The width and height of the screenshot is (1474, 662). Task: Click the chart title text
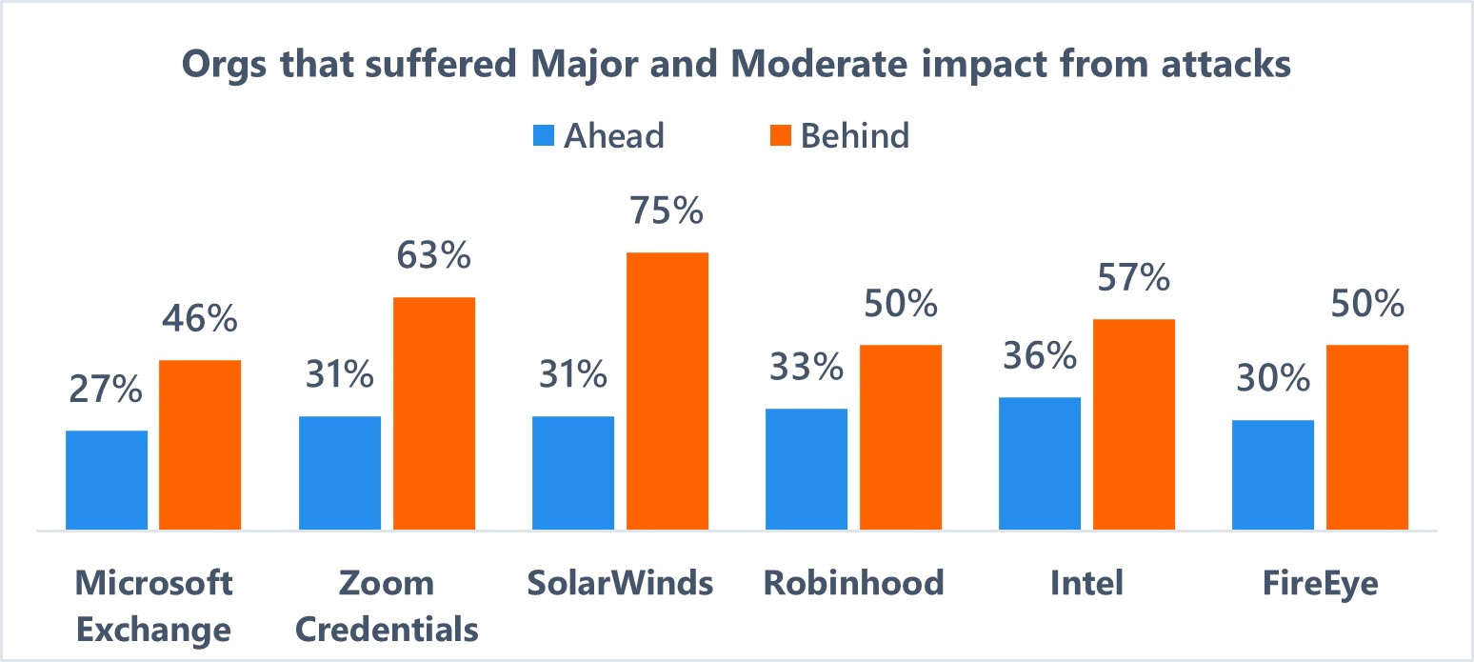pyautogui.click(x=736, y=66)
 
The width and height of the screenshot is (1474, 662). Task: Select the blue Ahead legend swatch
pyautogui.click(x=543, y=136)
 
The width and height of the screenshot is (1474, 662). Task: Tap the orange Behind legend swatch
pyautogui.click(x=779, y=136)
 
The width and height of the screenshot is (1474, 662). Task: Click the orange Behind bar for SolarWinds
pyautogui.click(x=667, y=391)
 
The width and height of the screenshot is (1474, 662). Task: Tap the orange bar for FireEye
pyautogui.click(x=1366, y=436)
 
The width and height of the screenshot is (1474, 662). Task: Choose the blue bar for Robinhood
pyautogui.click(x=806, y=469)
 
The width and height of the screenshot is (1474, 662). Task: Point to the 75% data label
pyautogui.click(x=667, y=211)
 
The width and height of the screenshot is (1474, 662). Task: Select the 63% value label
pyautogui.click(x=434, y=256)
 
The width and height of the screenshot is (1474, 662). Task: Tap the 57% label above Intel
pyautogui.click(x=1133, y=278)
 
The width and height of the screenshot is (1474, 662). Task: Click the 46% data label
pyautogui.click(x=199, y=319)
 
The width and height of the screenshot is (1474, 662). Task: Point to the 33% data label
pyautogui.click(x=806, y=368)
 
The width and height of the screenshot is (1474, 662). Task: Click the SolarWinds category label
pyautogui.click(x=620, y=583)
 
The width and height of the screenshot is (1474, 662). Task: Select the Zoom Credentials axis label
pyautogui.click(x=388, y=606)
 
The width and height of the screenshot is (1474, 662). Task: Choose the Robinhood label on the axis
pyautogui.click(x=853, y=583)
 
